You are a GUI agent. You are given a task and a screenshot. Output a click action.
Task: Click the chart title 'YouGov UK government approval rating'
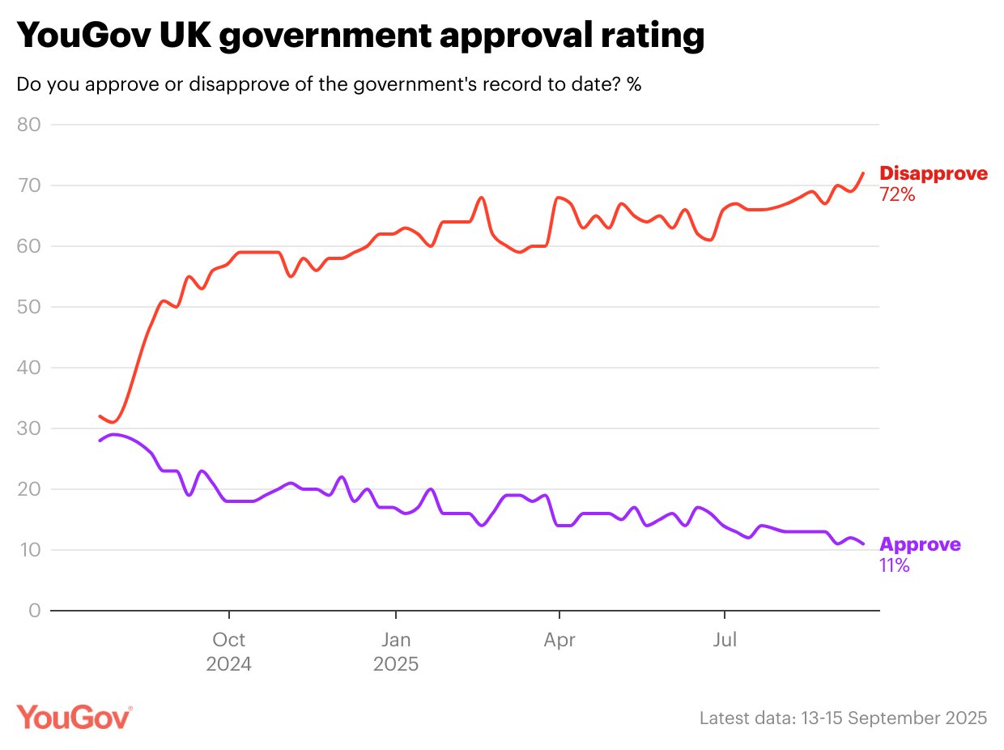tap(360, 36)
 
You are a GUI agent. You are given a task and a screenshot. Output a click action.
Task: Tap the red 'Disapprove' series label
tap(934, 173)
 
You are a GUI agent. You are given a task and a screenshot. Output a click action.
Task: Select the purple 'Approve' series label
tap(920, 544)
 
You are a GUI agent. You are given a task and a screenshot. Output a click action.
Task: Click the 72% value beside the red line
tap(897, 194)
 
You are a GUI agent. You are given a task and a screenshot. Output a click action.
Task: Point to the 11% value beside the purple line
tap(894, 565)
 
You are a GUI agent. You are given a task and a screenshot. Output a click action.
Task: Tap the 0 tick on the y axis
tap(35, 611)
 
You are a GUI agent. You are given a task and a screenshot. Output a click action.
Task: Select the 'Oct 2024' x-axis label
tap(229, 652)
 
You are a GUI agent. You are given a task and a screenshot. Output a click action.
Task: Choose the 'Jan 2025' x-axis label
tap(395, 652)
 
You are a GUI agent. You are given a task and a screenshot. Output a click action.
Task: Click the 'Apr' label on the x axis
tap(559, 641)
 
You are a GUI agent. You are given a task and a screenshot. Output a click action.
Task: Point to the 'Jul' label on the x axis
tap(725, 641)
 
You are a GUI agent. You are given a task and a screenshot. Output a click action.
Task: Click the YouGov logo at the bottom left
tap(74, 717)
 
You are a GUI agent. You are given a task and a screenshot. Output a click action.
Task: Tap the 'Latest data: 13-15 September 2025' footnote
tap(843, 718)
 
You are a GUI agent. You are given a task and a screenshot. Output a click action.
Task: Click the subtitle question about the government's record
tap(329, 84)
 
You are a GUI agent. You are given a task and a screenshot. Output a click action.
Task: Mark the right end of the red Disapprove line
tap(863, 173)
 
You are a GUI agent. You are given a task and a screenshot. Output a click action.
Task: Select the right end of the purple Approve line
tap(863, 543)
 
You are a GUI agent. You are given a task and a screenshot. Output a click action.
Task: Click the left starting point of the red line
tap(100, 416)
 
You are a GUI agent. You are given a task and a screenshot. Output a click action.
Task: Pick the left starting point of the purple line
tap(100, 441)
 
